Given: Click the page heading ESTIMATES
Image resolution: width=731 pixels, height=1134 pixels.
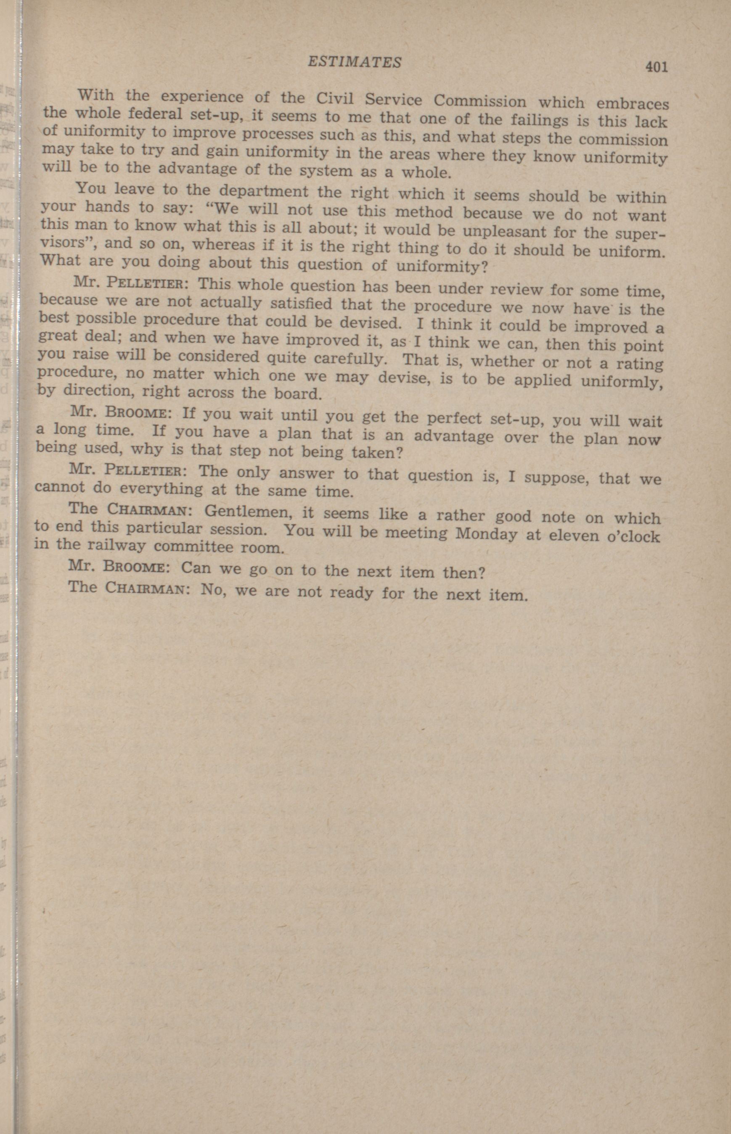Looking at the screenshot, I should (x=354, y=62).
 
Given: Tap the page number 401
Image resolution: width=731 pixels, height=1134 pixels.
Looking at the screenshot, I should (x=656, y=67).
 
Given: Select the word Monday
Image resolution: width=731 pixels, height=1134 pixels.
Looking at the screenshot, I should (x=486, y=533).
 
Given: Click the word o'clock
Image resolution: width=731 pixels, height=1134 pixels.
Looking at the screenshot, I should (x=634, y=536).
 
